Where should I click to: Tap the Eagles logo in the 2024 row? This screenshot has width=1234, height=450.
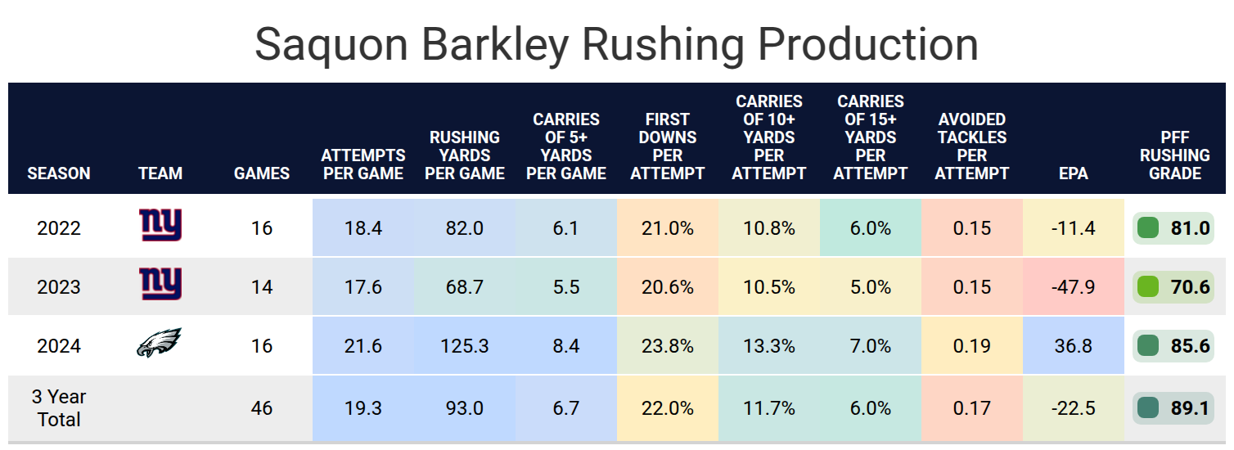coord(159,344)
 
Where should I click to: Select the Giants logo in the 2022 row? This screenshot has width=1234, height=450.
coord(160,225)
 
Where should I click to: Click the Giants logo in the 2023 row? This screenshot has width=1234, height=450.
coord(160,285)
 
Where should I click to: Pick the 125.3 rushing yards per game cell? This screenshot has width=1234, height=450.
coord(465,346)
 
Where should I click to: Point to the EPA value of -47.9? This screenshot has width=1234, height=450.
coord(1074,287)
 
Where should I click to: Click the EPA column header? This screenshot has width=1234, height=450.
coord(1074,173)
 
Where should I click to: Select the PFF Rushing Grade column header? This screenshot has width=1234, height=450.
coord(1175,155)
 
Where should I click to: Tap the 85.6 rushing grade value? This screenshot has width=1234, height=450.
coord(1190,346)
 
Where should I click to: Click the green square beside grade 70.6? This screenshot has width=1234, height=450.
coord(1148,287)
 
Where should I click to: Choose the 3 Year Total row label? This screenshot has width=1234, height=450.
coord(59,408)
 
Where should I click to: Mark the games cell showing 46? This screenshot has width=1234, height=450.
coord(262,408)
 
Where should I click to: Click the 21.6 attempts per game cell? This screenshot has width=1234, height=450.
coord(363,346)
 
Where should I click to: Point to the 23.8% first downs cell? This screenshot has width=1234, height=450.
coord(668,346)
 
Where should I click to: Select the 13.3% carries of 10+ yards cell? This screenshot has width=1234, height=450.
coord(769,346)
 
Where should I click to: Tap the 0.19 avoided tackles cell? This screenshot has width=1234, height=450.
coord(972,346)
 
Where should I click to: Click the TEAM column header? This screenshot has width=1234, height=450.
coord(160,173)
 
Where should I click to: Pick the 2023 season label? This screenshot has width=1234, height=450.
coord(59,287)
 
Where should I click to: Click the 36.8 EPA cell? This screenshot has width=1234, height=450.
coord(1074,346)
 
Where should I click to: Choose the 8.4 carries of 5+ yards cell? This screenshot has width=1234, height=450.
coord(566,346)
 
